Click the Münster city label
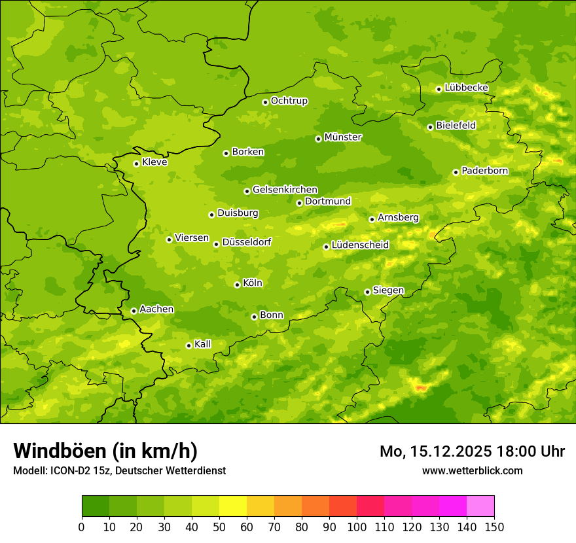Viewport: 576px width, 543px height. (x=343, y=137)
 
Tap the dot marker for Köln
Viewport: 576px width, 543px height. (x=237, y=285)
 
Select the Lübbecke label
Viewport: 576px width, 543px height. (x=466, y=88)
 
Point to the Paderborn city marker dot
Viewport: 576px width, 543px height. (x=456, y=172)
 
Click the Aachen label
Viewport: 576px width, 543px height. (x=156, y=309)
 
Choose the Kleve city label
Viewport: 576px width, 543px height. (x=154, y=162)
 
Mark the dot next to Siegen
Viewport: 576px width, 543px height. (x=367, y=292)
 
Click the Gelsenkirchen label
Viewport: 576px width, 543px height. (x=285, y=190)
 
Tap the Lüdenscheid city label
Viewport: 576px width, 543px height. (x=360, y=245)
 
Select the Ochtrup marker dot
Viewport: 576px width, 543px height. (x=265, y=102)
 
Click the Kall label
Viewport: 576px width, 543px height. (x=202, y=344)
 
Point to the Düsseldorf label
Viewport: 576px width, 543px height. (x=247, y=242)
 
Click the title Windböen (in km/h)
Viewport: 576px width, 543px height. (x=105, y=451)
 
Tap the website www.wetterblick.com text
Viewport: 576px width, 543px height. (x=472, y=470)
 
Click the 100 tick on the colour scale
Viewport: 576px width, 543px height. (x=357, y=527)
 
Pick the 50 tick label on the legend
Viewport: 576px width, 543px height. (x=219, y=527)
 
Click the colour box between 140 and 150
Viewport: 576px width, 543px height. (x=480, y=506)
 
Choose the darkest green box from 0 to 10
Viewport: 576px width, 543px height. (x=96, y=506)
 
